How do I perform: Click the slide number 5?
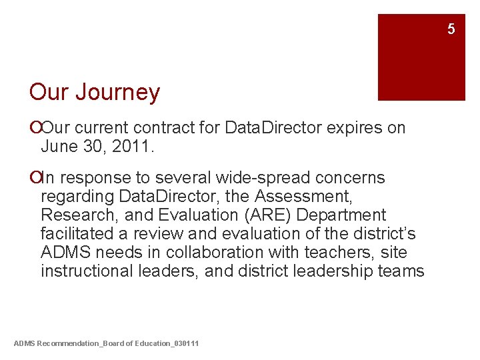tap(451, 29)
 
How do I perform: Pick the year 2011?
tap(133, 146)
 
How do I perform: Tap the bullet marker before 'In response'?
tap(34, 178)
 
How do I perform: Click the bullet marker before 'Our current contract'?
tap(34, 127)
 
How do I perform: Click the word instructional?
tap(81, 271)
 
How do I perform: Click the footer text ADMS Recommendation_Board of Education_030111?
tap(106, 343)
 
